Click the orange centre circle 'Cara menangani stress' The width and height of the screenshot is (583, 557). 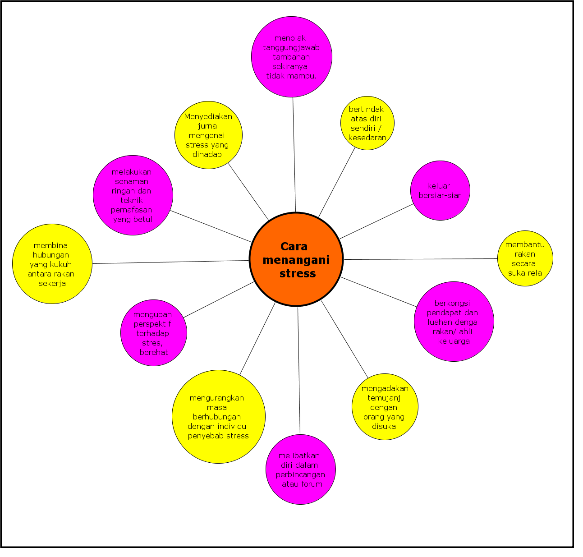(x=296, y=259)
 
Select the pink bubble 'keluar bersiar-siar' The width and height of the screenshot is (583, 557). (x=440, y=190)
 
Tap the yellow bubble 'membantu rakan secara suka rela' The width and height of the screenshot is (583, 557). (x=525, y=259)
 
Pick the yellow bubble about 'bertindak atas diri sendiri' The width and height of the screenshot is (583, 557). (x=367, y=123)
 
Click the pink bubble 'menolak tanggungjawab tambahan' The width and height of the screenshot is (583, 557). (x=292, y=57)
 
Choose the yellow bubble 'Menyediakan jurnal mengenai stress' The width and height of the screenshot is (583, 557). (x=208, y=135)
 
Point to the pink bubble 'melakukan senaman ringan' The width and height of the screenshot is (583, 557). (x=133, y=195)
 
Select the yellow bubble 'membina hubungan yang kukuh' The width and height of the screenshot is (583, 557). (x=52, y=264)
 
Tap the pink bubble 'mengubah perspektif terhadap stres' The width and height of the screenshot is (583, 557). (x=154, y=333)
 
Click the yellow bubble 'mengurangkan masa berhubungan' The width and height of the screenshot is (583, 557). (x=219, y=417)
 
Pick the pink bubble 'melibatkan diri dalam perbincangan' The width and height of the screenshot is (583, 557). (x=301, y=470)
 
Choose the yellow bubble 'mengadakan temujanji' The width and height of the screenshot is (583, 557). (x=385, y=407)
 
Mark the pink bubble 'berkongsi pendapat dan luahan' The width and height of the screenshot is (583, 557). (x=454, y=322)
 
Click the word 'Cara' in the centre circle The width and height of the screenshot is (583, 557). (x=294, y=247)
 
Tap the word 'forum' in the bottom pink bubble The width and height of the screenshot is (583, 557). (x=312, y=484)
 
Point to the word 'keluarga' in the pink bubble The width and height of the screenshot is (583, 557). (x=454, y=341)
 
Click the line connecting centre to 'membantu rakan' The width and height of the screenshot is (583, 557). (x=419, y=259)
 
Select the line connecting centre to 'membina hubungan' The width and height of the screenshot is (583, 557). (x=171, y=262)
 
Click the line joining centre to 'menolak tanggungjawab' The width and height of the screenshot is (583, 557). (x=294, y=153)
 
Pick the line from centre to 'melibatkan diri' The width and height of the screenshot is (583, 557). (x=299, y=370)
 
